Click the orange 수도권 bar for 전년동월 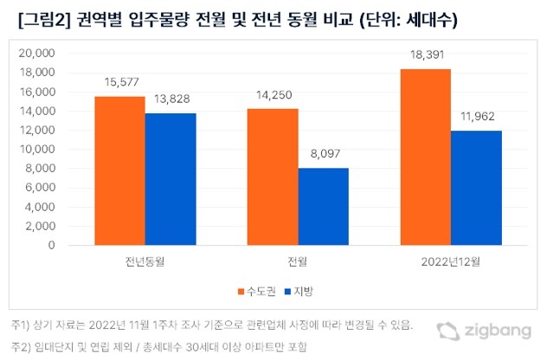[120, 170]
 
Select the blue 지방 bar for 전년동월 [170, 179]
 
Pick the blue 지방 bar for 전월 [324, 206]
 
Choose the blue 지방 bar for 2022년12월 [475, 188]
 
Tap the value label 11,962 [475, 115]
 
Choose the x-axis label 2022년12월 [449, 260]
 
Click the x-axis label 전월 [297, 260]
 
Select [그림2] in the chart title [42, 18]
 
